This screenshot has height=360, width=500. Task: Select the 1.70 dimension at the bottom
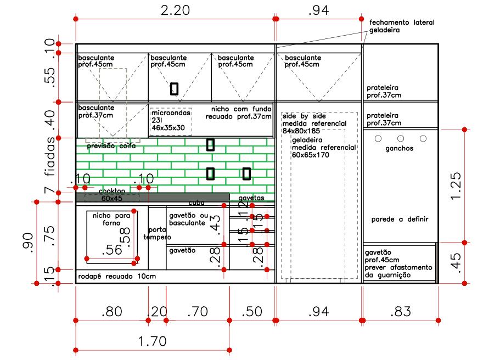[151, 341]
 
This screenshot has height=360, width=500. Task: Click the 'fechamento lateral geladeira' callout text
[402, 27]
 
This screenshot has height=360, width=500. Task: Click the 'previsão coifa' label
[111, 147]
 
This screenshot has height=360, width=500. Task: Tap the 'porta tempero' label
[157, 233]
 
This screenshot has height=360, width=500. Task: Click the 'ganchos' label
[399, 149]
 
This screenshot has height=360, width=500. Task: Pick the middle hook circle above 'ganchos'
[400, 138]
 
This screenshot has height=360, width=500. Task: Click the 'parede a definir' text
[400, 219]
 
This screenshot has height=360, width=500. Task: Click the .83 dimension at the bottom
[401, 312]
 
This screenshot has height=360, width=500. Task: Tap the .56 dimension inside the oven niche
[112, 250]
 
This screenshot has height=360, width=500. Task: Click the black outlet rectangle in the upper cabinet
[174, 89]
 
